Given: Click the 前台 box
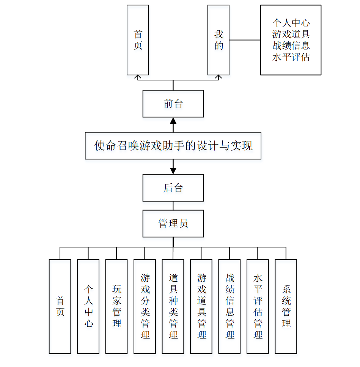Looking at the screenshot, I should point(173,104).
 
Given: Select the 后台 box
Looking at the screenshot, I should point(173,187).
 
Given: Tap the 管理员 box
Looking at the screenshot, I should point(173,223).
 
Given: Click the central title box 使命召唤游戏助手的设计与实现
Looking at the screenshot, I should point(173,146).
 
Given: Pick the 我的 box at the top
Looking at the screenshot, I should point(219,40).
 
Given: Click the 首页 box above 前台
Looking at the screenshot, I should point(138,40).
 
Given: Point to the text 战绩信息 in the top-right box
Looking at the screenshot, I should point(291,46).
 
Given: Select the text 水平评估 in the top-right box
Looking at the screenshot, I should point(291,57).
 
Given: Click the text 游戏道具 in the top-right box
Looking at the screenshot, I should point(291,34).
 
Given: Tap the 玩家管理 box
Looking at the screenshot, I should point(116,306).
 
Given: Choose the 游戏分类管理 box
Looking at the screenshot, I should point(145,306).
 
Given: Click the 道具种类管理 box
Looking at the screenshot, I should point(173,306).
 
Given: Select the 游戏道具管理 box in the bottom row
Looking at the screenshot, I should point(201,306).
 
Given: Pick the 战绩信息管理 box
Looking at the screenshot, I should point(230,306).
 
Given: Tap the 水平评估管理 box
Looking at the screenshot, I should point(258,306).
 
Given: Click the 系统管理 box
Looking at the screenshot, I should point(286,306).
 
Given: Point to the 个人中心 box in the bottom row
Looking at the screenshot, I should point(88,306).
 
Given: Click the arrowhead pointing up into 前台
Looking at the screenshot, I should point(173,121).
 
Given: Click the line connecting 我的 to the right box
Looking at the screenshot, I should point(245,40).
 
